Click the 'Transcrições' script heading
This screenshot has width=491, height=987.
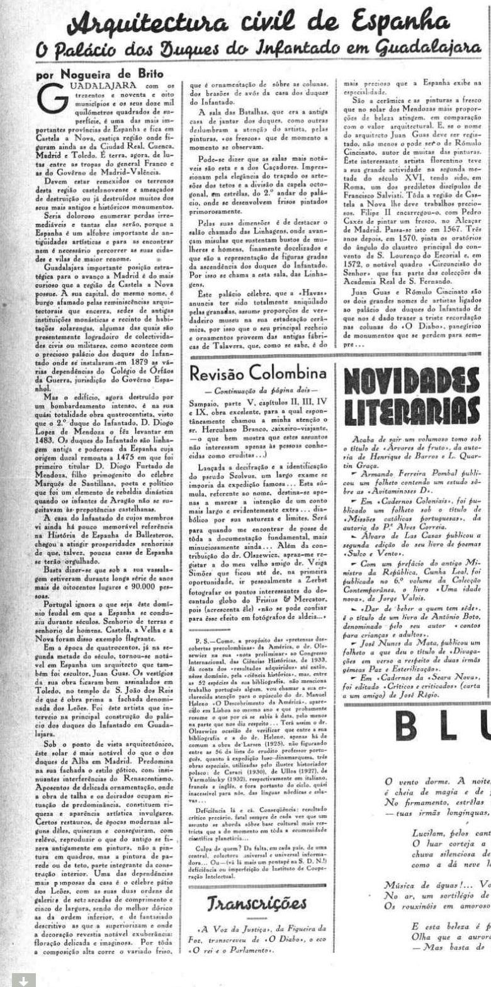coord(257,903)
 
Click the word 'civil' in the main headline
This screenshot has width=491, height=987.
coord(279,23)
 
